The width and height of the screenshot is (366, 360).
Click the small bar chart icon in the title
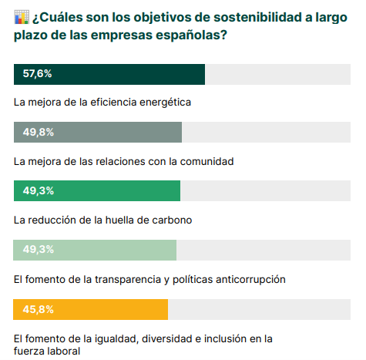[22, 17]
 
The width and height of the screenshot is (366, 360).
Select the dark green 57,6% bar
[109, 74]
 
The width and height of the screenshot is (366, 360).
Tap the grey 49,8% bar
[98, 132]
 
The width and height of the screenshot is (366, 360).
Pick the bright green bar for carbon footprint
[97, 190]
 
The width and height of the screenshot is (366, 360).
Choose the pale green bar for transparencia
[95, 250]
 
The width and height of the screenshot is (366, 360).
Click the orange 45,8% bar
[90, 309]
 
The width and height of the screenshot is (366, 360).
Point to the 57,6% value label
[37, 73]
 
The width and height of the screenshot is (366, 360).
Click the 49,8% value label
[39, 132]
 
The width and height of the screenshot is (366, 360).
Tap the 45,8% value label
[39, 309]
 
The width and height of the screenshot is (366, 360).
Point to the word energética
[165, 103]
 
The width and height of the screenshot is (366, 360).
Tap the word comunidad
[207, 162]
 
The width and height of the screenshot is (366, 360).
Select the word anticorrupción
[250, 280]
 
